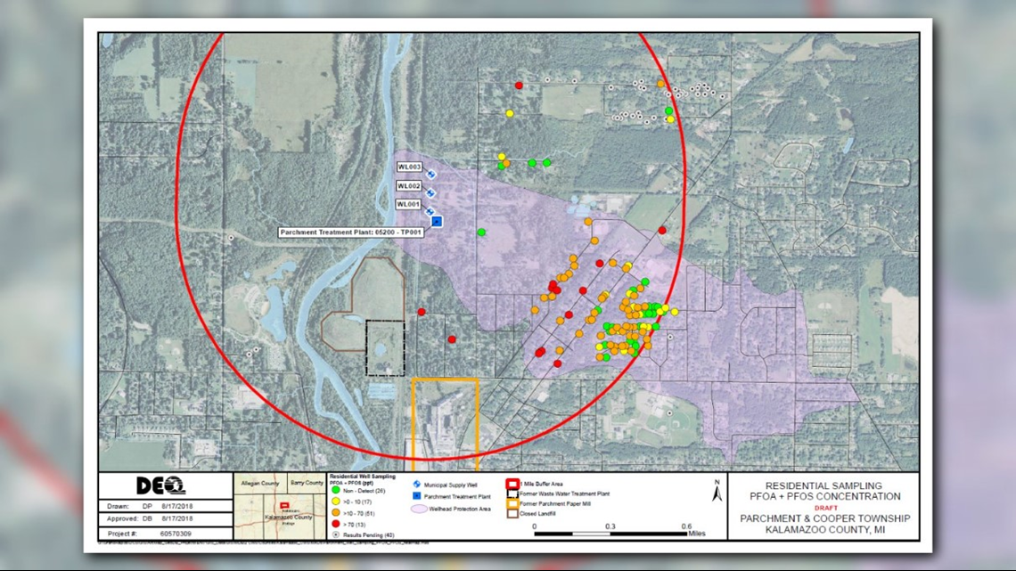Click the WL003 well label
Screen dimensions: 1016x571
pyautogui.click(x=409, y=167)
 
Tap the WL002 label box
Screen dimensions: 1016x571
pyautogui.click(x=409, y=186)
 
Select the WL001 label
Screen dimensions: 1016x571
pyautogui.click(x=408, y=205)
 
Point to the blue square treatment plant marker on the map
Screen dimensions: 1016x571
pyautogui.click(x=437, y=221)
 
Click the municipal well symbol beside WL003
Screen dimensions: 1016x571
pyautogui.click(x=431, y=175)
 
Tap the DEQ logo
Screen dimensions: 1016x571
pyautogui.click(x=160, y=485)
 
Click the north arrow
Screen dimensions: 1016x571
pyautogui.click(x=717, y=491)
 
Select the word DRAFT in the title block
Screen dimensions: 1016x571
pyautogui.click(x=820, y=508)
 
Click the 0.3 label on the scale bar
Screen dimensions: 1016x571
pyautogui.click(x=610, y=526)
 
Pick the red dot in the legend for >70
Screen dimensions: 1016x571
pyautogui.click(x=335, y=524)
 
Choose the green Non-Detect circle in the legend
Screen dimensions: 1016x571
pyautogui.click(x=335, y=490)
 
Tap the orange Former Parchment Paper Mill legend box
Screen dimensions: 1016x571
pyautogui.click(x=512, y=503)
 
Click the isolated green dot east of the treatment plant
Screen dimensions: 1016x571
pyautogui.click(x=481, y=232)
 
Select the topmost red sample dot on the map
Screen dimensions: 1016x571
pyautogui.click(x=519, y=86)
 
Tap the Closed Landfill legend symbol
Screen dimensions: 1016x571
pyautogui.click(x=512, y=513)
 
